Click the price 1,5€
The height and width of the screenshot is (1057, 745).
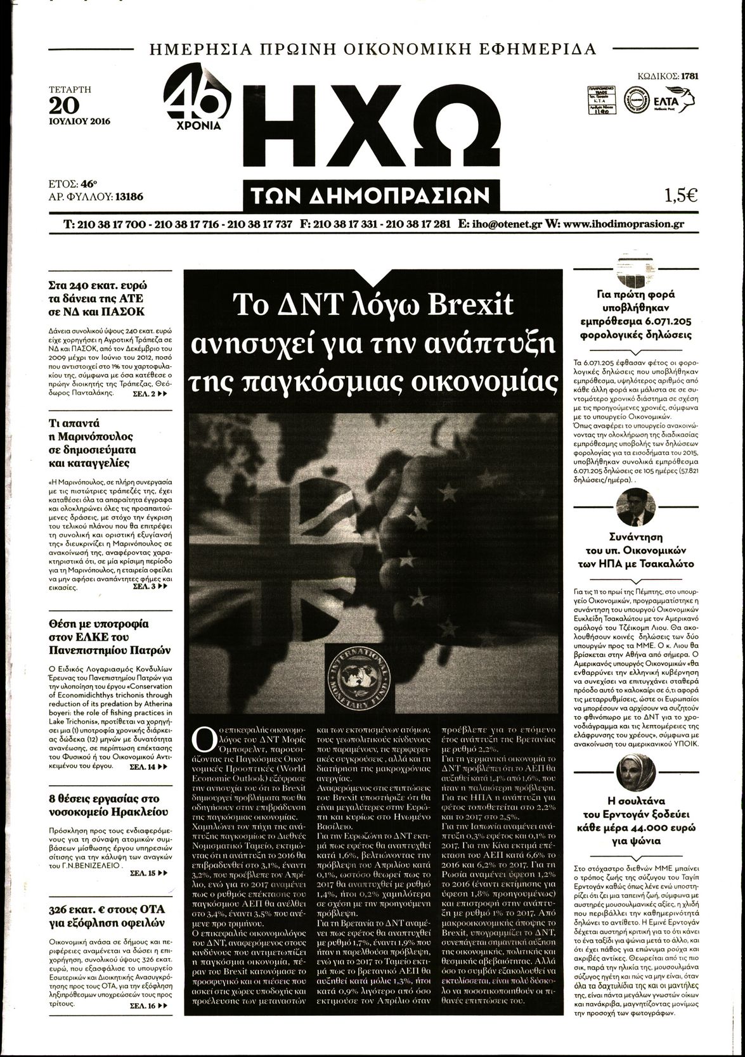(681, 196)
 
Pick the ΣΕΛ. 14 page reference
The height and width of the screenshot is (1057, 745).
(150, 766)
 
